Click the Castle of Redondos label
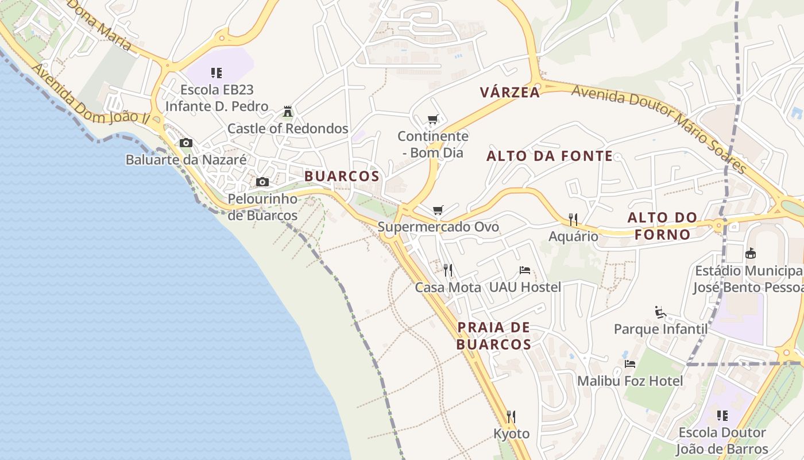[x=288, y=128]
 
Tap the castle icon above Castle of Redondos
[x=288, y=111]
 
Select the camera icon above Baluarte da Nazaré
[x=185, y=143]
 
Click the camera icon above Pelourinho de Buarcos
[x=262, y=182]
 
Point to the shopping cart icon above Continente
[x=433, y=120]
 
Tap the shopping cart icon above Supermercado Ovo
[x=438, y=210]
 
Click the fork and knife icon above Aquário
[x=573, y=219]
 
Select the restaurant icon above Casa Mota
[x=448, y=270]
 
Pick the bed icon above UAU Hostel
[x=524, y=270]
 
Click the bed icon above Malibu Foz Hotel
[x=630, y=364]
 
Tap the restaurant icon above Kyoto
[x=511, y=416]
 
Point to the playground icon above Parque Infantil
[x=660, y=312]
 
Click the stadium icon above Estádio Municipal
[x=750, y=253]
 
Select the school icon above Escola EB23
[x=217, y=73]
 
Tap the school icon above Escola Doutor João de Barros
[x=722, y=415]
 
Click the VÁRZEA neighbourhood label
[x=510, y=92]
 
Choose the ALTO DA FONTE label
[x=550, y=156]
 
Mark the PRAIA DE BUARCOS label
[x=494, y=336]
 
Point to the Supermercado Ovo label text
[x=438, y=227]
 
